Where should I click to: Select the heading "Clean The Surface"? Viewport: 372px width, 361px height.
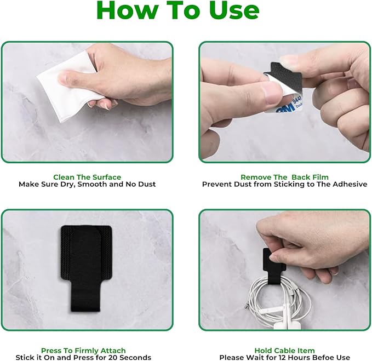coord(87,177)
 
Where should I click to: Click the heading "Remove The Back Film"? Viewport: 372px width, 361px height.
coord(284,177)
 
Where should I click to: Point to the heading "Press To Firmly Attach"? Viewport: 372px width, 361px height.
coord(83,351)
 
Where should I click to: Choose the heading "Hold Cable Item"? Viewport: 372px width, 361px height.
coord(284,351)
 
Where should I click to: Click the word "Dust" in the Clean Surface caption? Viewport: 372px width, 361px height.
coord(147,184)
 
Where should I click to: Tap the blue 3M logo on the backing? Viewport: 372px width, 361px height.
coord(287,109)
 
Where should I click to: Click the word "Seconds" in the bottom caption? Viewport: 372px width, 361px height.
coord(135,358)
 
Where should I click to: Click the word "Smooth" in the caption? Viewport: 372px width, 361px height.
coord(93,184)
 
